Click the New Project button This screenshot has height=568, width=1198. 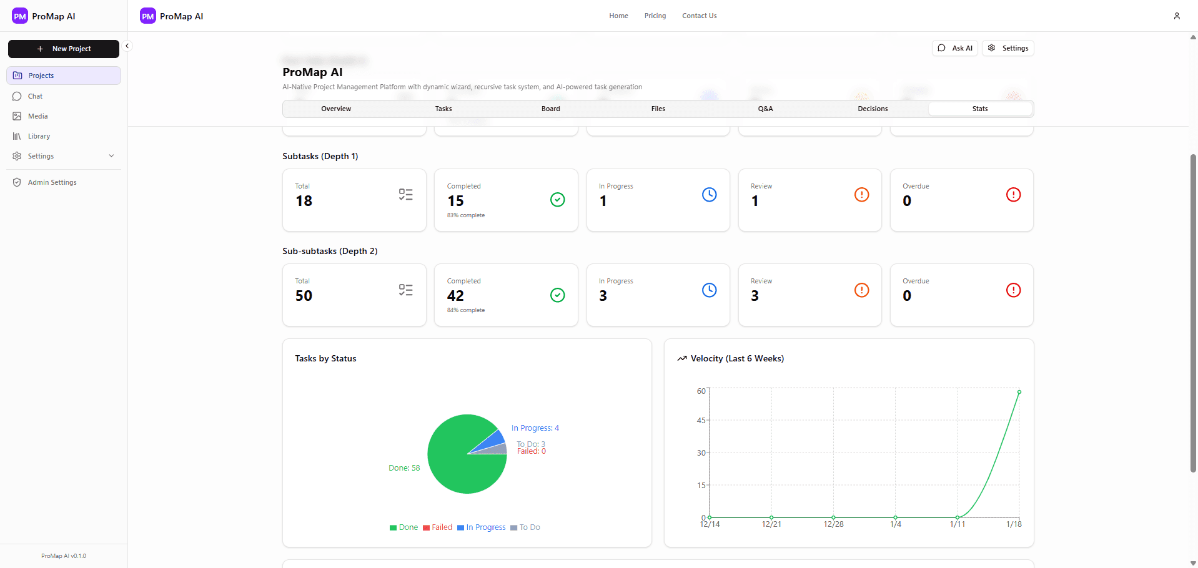pos(64,49)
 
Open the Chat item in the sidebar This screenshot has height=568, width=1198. pos(35,96)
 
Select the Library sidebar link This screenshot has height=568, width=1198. pos(39,136)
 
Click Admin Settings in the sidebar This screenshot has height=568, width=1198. pos(52,182)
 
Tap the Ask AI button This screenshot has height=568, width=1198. pos(955,48)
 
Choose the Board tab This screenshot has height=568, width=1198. pos(550,109)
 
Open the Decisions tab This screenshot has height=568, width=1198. pos(872,109)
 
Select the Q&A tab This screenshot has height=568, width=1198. pos(765,109)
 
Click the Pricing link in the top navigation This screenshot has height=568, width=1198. pos(655,16)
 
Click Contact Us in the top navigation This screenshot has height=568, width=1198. pos(699,16)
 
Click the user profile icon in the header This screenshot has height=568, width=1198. pos(1176,16)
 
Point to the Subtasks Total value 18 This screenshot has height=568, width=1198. pos(304,201)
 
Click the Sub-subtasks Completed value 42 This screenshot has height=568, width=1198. pos(455,296)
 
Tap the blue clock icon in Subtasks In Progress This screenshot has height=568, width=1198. pos(709,195)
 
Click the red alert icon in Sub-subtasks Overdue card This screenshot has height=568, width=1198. pos(1012,290)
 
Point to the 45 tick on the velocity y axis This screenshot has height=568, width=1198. pos(701,421)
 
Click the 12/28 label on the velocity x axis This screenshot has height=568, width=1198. pos(833,524)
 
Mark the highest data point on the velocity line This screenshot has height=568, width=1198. pos(1019,392)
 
